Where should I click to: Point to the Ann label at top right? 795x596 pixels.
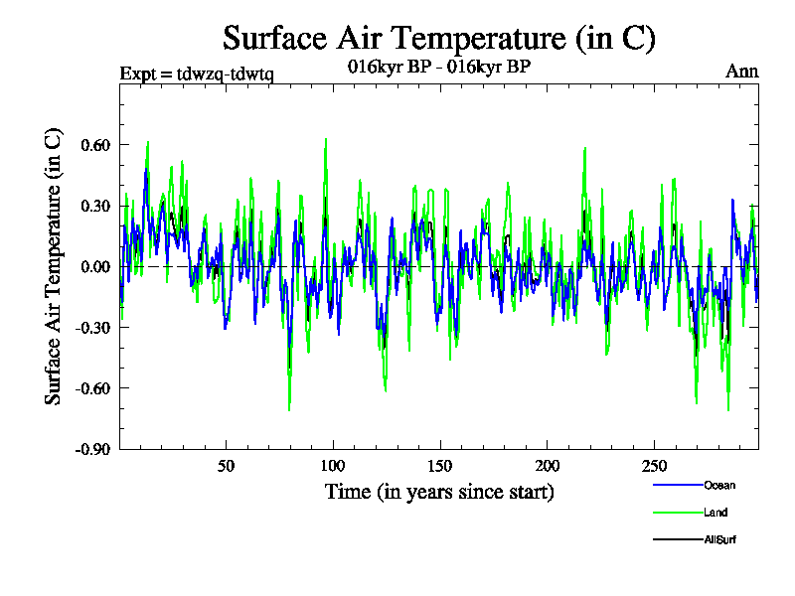pos(742,72)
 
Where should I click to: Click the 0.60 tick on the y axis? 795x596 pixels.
pos(92,145)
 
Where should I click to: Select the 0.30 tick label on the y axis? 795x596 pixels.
pos(92,206)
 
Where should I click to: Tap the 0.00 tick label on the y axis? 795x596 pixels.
pos(92,266)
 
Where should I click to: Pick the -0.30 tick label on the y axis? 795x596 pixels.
pos(89,327)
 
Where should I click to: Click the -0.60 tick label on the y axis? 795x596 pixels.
pos(89,387)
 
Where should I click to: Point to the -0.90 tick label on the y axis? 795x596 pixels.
pos(89,448)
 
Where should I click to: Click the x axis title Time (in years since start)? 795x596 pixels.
pos(438,492)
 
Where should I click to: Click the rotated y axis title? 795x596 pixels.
pos(55,266)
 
